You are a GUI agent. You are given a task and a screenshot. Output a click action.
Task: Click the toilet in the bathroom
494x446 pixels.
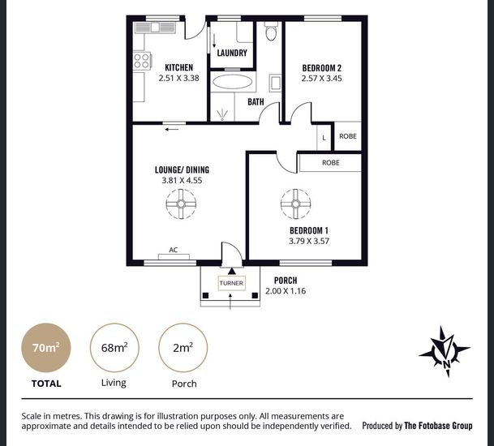[271, 31]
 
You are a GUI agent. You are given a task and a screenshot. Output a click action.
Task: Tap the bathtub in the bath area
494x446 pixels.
[233, 82]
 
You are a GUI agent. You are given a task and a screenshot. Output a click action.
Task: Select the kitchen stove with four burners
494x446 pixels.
[142, 61]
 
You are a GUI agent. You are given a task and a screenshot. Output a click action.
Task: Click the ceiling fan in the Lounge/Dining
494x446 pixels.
[181, 204]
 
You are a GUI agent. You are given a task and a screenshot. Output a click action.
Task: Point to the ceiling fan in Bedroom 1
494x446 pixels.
[295, 204]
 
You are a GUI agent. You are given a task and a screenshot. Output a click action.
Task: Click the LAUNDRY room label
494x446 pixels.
[232, 53]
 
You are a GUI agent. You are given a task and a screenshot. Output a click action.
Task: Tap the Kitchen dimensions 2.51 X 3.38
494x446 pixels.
[179, 78]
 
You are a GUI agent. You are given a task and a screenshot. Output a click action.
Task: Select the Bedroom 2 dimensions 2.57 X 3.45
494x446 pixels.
[322, 79]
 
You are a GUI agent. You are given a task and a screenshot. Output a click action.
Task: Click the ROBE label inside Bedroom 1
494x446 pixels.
[331, 163]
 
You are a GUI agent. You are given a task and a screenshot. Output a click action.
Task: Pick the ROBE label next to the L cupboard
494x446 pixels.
[348, 136]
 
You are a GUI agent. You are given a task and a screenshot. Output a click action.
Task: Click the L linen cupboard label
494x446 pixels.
[324, 138]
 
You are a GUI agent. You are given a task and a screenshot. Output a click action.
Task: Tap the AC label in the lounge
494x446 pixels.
[174, 250]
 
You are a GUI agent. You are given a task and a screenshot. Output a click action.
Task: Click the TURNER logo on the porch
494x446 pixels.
[231, 283]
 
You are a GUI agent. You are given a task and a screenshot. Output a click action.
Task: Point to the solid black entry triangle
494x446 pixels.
[232, 271]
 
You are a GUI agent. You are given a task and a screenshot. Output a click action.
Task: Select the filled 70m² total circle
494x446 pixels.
[46, 348]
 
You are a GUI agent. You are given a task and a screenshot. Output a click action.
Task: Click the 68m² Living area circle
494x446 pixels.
[114, 348]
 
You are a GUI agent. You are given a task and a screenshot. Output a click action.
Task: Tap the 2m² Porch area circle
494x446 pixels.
[183, 348]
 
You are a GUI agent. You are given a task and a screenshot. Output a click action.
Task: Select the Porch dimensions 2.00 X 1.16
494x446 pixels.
[286, 291]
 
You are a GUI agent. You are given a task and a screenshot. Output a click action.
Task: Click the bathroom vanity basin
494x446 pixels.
[275, 84]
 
